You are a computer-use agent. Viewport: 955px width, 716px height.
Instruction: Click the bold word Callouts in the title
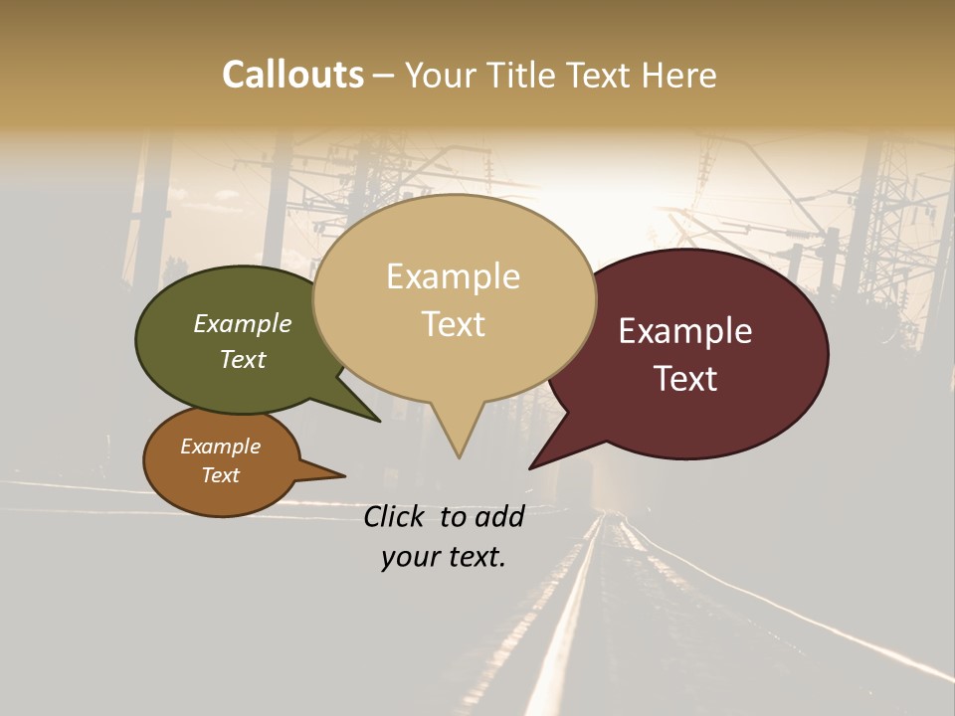[292, 75]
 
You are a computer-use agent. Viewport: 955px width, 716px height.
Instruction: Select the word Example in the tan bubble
[453, 276]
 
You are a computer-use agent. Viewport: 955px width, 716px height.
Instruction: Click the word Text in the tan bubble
[453, 324]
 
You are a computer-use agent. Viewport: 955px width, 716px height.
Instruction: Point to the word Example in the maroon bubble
[685, 331]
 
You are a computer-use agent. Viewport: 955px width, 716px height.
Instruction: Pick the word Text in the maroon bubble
[685, 379]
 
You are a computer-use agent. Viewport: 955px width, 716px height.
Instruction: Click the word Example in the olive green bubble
[243, 324]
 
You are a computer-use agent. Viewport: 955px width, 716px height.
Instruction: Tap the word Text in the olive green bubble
[243, 359]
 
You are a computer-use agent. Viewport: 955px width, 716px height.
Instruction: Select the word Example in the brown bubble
[221, 447]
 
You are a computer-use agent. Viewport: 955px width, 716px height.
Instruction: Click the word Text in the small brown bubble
[221, 475]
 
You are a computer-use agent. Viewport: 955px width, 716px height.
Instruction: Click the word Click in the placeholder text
[393, 516]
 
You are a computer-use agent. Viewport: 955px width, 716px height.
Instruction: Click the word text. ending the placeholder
[475, 557]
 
